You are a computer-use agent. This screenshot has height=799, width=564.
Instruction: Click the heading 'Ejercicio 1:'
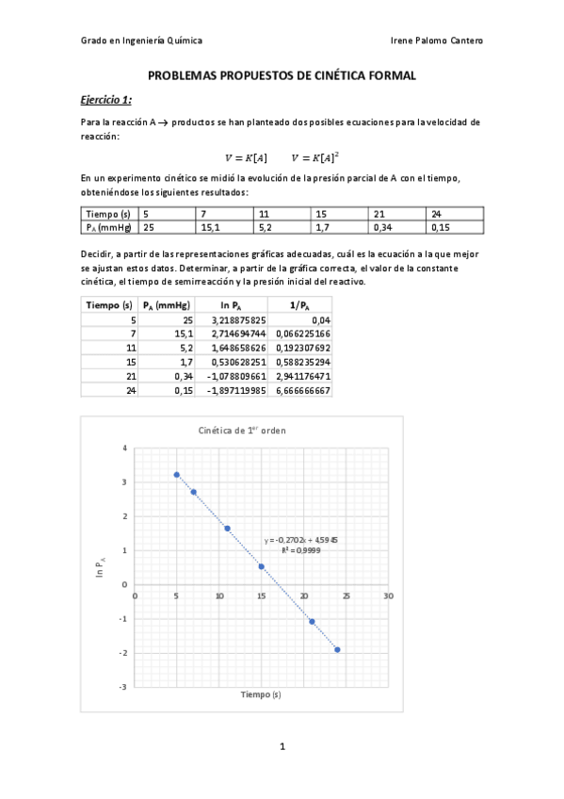point(105,100)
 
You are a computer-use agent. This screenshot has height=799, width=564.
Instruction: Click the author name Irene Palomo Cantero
point(436,41)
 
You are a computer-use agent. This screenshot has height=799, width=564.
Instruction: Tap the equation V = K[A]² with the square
point(315,156)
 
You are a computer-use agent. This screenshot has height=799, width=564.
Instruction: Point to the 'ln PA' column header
point(230,305)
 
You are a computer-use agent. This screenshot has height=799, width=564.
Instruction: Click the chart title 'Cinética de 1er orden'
point(242,430)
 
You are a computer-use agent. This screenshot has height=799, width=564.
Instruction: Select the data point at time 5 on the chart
point(177,475)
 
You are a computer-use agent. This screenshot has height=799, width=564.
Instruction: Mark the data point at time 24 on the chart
point(338,649)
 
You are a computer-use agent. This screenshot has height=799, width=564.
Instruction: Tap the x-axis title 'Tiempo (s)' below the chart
point(260,695)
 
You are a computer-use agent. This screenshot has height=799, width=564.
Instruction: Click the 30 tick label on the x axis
point(388,595)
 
